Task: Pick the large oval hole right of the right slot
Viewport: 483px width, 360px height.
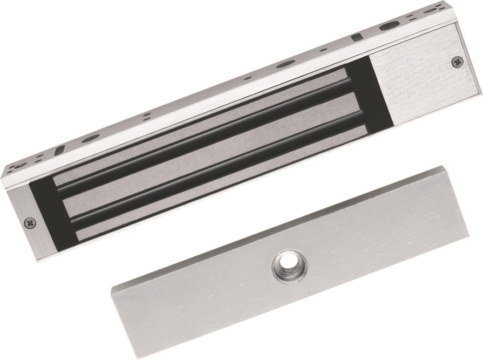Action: pos(387,26)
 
